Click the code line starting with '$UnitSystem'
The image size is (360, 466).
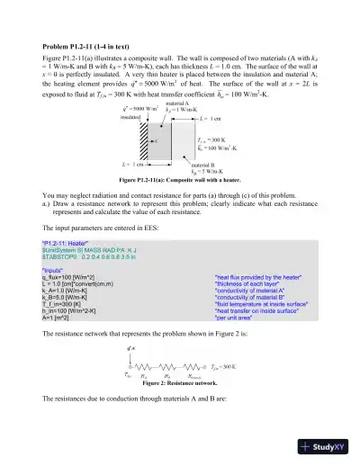click(94, 250)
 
